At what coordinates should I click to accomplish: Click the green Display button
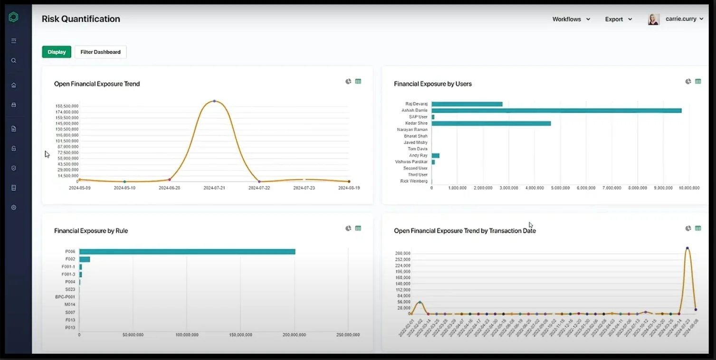pos(57,52)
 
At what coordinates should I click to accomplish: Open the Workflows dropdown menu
pos(571,19)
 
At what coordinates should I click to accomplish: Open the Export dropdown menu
pos(618,19)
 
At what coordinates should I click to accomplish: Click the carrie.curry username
pos(681,19)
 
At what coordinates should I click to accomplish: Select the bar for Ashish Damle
pos(556,111)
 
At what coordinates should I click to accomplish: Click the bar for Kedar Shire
pos(491,123)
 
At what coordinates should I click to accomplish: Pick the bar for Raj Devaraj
pos(467,104)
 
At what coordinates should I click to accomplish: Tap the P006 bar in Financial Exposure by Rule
pos(187,252)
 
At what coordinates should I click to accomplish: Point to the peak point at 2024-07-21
pos(214,101)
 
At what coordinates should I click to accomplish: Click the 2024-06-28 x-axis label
pos(170,188)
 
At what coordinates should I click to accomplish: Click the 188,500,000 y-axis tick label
pos(67,106)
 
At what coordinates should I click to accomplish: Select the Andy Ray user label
pos(418,155)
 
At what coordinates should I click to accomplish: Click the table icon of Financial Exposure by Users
pos(698,82)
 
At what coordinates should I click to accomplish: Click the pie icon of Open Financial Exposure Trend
pos(348,82)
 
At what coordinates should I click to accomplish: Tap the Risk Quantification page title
pos(81,19)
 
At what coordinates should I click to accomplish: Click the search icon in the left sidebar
pos(14,61)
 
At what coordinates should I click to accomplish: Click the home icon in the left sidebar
pos(14,85)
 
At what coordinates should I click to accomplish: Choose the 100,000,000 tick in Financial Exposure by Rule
pos(187,335)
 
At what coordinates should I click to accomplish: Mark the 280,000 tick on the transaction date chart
pos(402,254)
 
